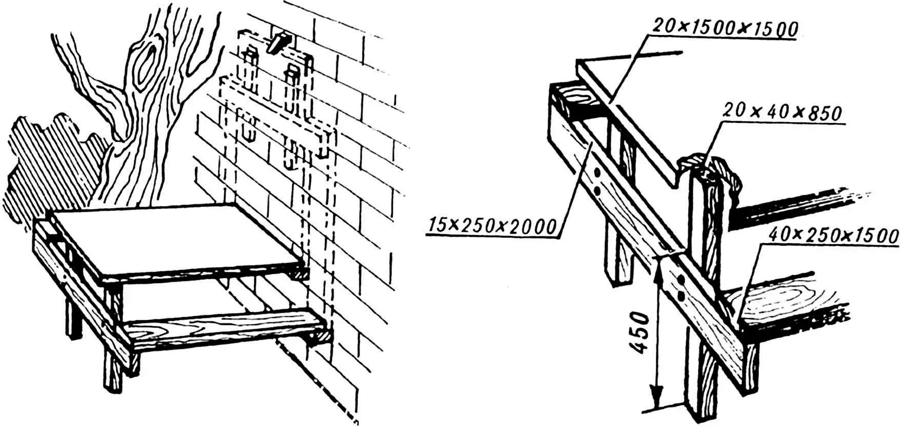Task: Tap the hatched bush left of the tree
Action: (x=46, y=164)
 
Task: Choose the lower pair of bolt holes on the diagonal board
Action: (x=680, y=288)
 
